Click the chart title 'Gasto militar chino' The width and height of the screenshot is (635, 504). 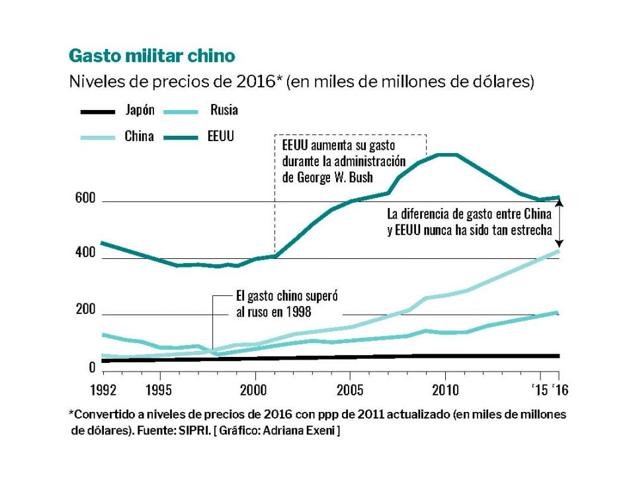(151, 54)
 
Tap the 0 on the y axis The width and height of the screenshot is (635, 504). (92, 368)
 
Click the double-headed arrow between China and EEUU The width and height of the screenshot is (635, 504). (559, 225)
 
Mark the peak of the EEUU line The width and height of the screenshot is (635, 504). (447, 155)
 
